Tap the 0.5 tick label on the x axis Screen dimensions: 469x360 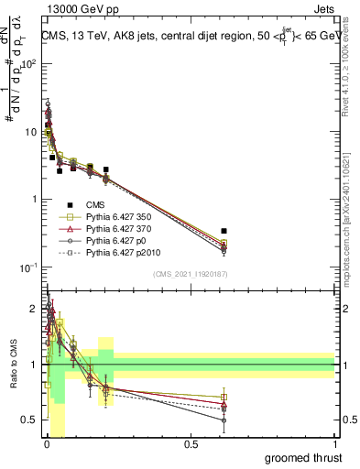coord(191,444)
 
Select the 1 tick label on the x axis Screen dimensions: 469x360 coord(334,444)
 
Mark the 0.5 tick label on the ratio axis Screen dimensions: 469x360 coord(29,420)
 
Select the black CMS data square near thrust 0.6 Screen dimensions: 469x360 coord(224,231)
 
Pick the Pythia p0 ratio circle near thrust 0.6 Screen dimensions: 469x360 coord(224,420)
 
